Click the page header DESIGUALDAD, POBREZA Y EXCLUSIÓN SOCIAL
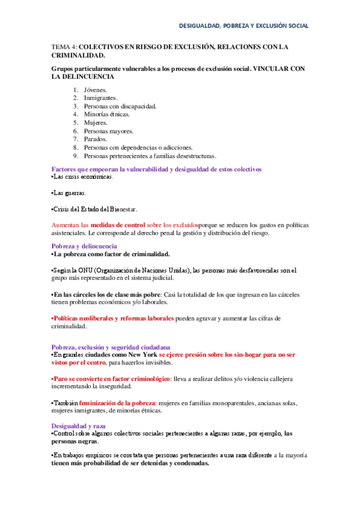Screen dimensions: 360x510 click(x=244, y=26)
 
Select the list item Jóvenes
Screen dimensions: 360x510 click(x=96, y=90)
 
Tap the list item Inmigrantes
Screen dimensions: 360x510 click(x=100, y=97)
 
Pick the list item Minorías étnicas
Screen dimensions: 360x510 click(x=106, y=114)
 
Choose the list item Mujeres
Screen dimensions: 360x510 click(x=96, y=122)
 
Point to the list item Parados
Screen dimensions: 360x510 click(x=96, y=139)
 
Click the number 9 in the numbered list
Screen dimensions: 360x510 click(x=76, y=155)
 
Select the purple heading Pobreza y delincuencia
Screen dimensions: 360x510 click(x=84, y=247)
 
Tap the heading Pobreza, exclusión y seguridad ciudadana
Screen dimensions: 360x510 click(x=111, y=347)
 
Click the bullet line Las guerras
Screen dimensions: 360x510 click(x=70, y=193)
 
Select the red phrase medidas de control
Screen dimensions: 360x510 click(x=118, y=224)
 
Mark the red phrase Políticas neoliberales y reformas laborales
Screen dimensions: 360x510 click(x=114, y=318)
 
